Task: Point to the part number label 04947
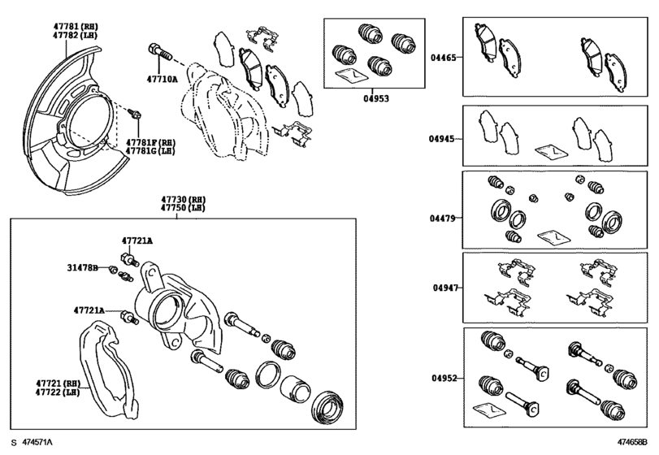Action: coord(444,288)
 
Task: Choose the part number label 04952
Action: coord(444,378)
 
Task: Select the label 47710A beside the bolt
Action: coord(163,80)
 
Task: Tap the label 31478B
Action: coord(82,267)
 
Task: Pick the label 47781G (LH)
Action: coord(150,150)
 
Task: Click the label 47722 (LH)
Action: coord(56,392)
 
